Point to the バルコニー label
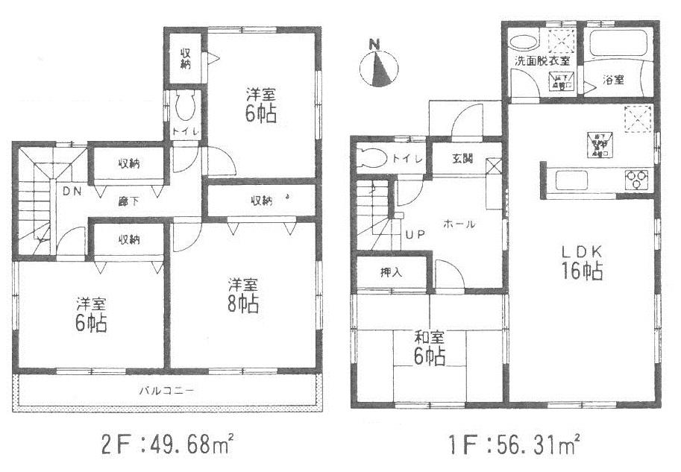pyautogui.click(x=165, y=390)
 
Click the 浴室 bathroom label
pyautogui.click(x=613, y=80)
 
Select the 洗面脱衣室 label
pyautogui.click(x=542, y=62)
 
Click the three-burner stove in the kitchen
pyautogui.click(x=638, y=179)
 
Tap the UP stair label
pyautogui.click(x=415, y=234)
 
